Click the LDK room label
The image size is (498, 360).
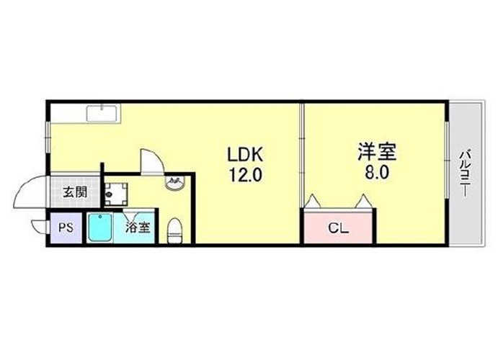coord(244,155)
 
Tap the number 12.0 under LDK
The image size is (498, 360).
coord(245,175)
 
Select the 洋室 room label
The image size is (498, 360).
coord(377,152)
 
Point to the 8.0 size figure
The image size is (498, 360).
coord(377,174)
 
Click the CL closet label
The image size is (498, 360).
coord(338,228)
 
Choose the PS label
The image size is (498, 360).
coord(66,228)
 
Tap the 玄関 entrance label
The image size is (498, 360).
coord(75,192)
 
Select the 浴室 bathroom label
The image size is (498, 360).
coord(137,227)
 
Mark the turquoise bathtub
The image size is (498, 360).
coord(100,227)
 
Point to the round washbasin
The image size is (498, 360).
coord(174,183)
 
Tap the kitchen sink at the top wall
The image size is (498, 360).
coord(102,113)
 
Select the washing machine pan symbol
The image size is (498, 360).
coord(115,194)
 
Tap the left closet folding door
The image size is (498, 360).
coord(313,201)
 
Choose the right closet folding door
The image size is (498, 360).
coord(363,201)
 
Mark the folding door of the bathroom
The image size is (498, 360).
coord(131,215)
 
